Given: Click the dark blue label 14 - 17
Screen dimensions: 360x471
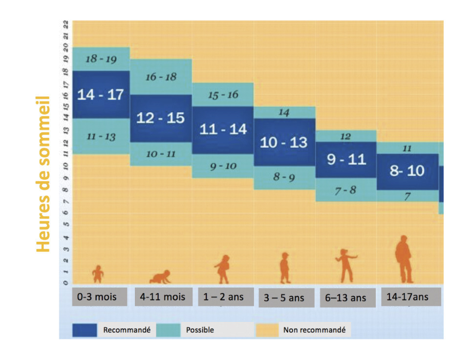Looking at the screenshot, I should [101, 94].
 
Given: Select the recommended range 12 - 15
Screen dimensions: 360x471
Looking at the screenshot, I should [160, 118].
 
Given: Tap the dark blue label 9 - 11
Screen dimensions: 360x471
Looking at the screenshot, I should [346, 159].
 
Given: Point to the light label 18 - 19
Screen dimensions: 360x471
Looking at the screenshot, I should [101, 59].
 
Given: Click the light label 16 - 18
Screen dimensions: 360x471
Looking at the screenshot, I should [161, 77].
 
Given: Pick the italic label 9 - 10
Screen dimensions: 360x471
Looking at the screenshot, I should [223, 166].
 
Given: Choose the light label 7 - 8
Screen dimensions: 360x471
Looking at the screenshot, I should [345, 190].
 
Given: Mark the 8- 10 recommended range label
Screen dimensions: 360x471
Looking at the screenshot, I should [407, 171].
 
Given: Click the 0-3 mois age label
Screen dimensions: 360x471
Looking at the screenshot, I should [97, 296].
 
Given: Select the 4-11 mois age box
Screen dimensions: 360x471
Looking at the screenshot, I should [162, 296].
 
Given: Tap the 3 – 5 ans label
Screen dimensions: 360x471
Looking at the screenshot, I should [284, 297].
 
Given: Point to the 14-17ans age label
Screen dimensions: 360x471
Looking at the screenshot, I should [407, 296].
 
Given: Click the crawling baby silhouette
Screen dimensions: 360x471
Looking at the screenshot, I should [160, 277].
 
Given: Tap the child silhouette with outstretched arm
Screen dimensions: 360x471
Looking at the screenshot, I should [346, 265].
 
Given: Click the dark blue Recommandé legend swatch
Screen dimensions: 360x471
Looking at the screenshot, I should [85, 330].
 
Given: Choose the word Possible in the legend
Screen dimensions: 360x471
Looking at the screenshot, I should [200, 330].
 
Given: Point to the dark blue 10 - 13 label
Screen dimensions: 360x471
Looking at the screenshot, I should [284, 142].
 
